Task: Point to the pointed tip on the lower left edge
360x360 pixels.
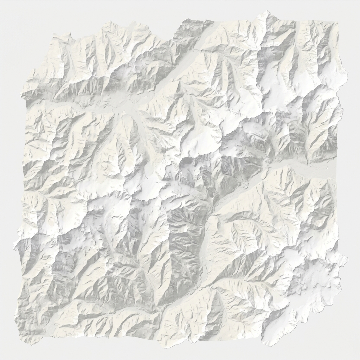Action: click(x=15, y=246)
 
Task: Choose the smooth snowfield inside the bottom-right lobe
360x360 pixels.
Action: click(x=316, y=281)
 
